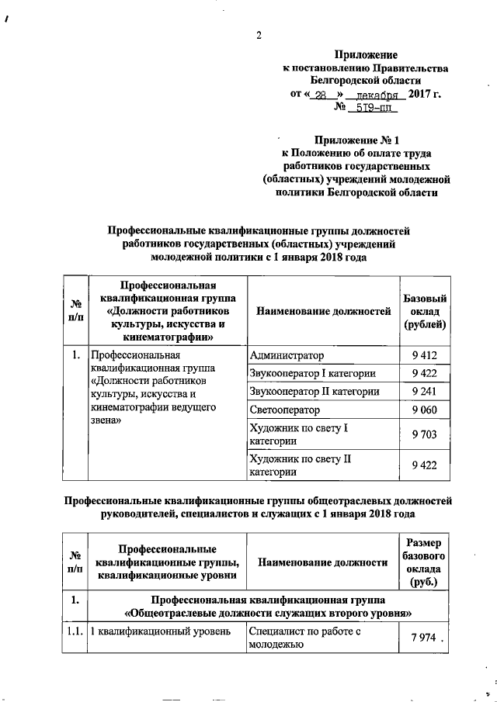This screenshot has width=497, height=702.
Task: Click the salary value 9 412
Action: (425, 356)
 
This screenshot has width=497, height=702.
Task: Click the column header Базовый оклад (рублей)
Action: (425, 310)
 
